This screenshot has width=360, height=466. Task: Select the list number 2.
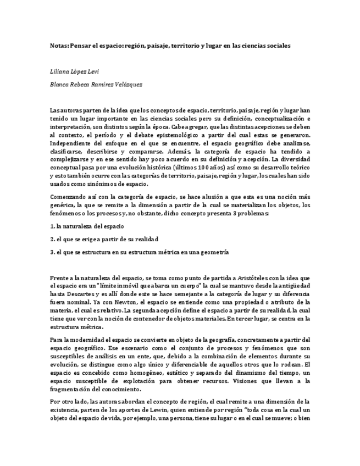pyautogui.click(x=51, y=239)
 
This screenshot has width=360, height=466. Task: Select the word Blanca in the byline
pyautogui.click(x=60, y=85)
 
